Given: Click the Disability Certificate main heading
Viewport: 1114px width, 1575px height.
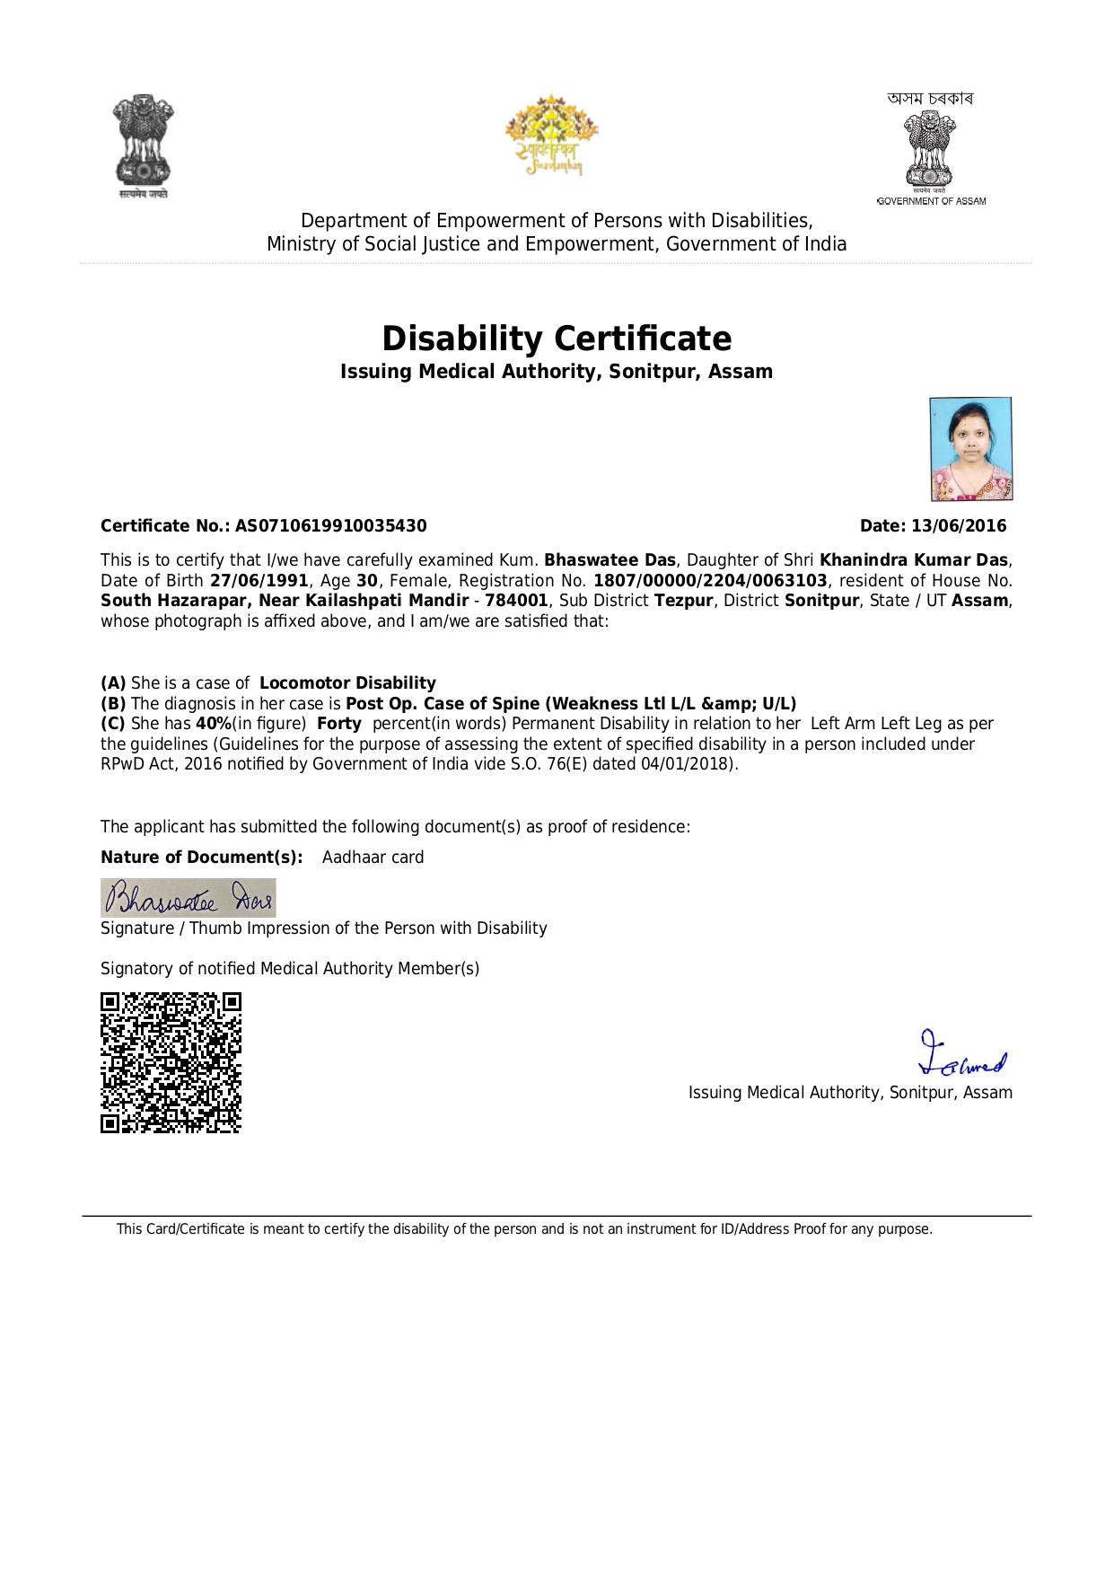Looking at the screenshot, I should coord(557,339).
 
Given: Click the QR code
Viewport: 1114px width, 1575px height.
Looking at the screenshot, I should coord(171,1062).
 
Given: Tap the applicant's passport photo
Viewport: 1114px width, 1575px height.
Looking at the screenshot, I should coord(970,448).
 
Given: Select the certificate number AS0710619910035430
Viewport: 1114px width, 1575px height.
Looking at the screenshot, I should coord(330,526).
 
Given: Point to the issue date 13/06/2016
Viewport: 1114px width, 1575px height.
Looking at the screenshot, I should coord(959,526).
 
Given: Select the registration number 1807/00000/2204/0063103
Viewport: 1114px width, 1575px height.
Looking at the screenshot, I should coord(710,581).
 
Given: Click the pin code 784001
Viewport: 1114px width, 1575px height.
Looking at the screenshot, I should coord(516,601).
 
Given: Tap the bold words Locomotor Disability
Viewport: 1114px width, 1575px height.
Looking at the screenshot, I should coord(347,683).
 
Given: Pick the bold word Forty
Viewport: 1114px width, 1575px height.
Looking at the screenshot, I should coord(339,724).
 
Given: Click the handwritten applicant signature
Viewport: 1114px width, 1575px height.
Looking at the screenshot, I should coord(189,898).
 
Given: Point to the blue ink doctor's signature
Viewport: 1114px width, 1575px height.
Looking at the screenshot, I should coord(961,1054).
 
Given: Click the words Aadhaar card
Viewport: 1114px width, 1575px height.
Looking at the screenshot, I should coord(373,858).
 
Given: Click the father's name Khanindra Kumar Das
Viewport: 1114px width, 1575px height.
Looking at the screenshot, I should coord(914,560).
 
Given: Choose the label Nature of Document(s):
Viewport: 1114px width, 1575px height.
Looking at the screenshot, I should coord(201,858).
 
